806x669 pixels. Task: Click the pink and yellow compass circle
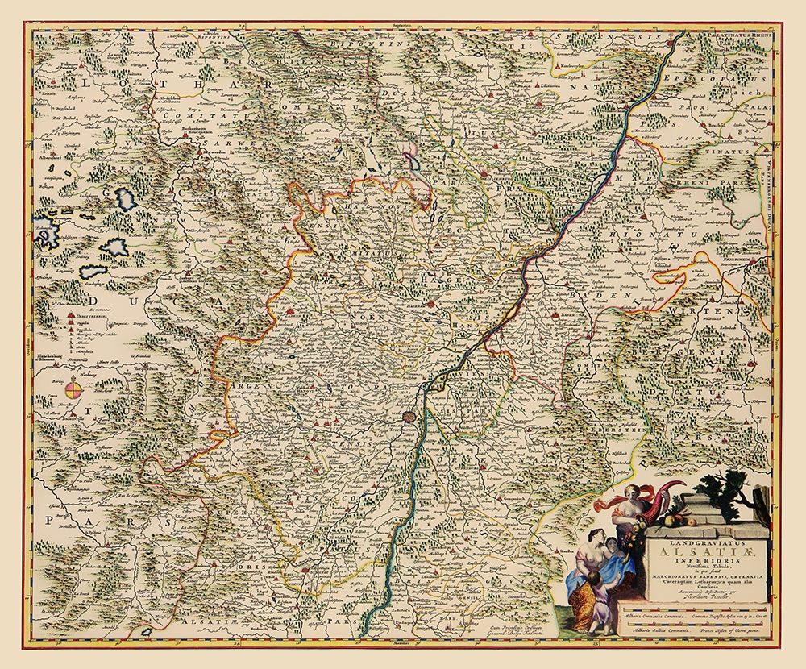73,391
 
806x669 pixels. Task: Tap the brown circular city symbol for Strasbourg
410,418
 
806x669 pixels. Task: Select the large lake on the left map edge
48,234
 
